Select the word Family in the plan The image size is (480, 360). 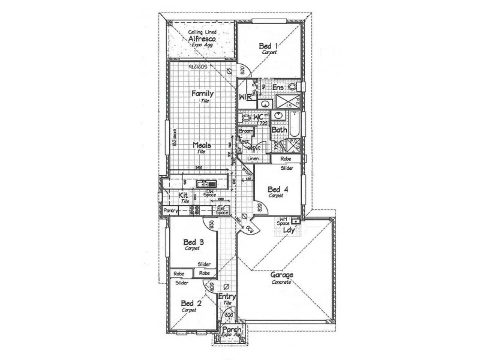[203, 94]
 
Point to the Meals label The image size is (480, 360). [202, 145]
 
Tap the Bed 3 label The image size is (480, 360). [192, 241]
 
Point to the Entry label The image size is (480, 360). [227, 296]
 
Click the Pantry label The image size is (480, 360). [171, 211]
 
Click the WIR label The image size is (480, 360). [244, 96]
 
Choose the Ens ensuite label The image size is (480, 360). [278, 88]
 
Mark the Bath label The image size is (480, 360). [278, 129]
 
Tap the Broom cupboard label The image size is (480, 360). [246, 131]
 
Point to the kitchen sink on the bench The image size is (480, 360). [206, 183]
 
